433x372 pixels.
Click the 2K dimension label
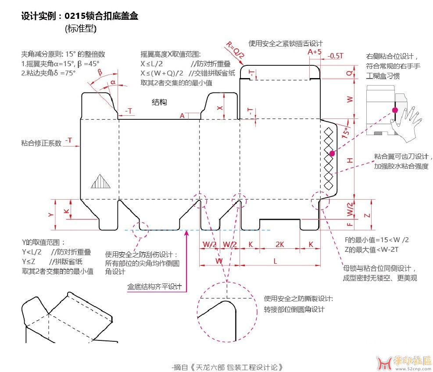click(280, 244)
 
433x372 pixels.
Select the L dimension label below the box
click(275, 261)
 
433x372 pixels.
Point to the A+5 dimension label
click(315, 52)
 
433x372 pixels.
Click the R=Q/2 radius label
click(235, 49)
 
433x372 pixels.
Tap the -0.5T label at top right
click(336, 56)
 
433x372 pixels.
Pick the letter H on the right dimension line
click(350, 161)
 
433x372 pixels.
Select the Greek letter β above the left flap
click(100, 72)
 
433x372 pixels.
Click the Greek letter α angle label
click(113, 82)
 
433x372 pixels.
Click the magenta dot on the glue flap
click(332, 153)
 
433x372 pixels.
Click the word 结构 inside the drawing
click(159, 102)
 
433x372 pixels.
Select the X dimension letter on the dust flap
click(220, 107)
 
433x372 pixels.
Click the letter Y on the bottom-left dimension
click(50, 215)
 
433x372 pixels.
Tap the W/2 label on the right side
click(350, 209)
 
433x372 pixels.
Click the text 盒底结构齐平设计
click(154, 286)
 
